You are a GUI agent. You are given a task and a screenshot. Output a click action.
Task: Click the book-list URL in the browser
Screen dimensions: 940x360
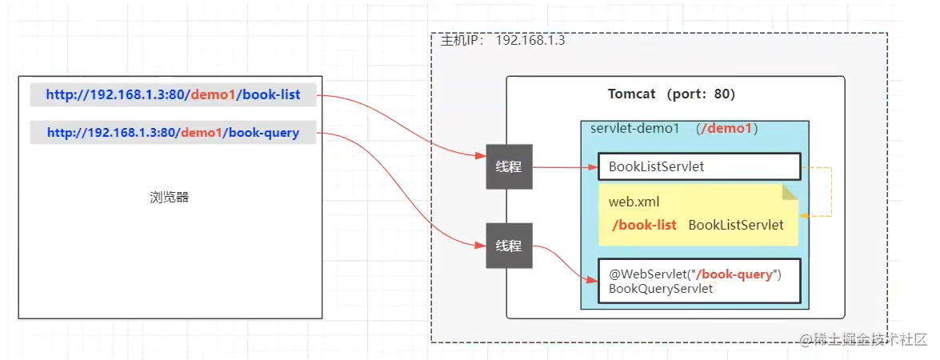click(174, 94)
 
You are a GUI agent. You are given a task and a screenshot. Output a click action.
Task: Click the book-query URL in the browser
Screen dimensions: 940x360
click(174, 132)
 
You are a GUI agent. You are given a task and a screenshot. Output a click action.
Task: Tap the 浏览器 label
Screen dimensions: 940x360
click(169, 198)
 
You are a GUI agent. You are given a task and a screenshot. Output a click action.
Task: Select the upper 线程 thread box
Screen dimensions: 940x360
click(509, 166)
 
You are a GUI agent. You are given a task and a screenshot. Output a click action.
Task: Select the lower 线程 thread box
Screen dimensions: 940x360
click(509, 246)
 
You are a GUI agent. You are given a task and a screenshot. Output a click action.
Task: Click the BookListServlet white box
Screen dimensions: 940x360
click(699, 166)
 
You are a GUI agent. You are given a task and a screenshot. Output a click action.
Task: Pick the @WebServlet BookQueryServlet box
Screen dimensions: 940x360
click(699, 281)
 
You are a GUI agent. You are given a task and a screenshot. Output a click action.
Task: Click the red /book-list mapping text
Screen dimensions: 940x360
click(644, 226)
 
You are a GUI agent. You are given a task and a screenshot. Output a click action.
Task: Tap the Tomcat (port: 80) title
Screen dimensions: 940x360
click(671, 94)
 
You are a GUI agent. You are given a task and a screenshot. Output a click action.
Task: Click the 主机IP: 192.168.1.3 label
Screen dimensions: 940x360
click(503, 42)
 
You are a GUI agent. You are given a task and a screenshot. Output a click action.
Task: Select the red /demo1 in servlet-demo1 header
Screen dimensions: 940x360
click(728, 129)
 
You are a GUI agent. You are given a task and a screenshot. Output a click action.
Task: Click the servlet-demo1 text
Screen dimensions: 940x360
click(635, 129)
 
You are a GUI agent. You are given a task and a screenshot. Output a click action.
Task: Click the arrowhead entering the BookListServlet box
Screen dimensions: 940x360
click(593, 167)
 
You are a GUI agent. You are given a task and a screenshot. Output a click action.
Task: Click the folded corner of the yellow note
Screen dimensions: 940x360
click(790, 193)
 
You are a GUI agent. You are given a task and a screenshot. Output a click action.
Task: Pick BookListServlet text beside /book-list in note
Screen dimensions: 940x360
click(736, 226)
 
